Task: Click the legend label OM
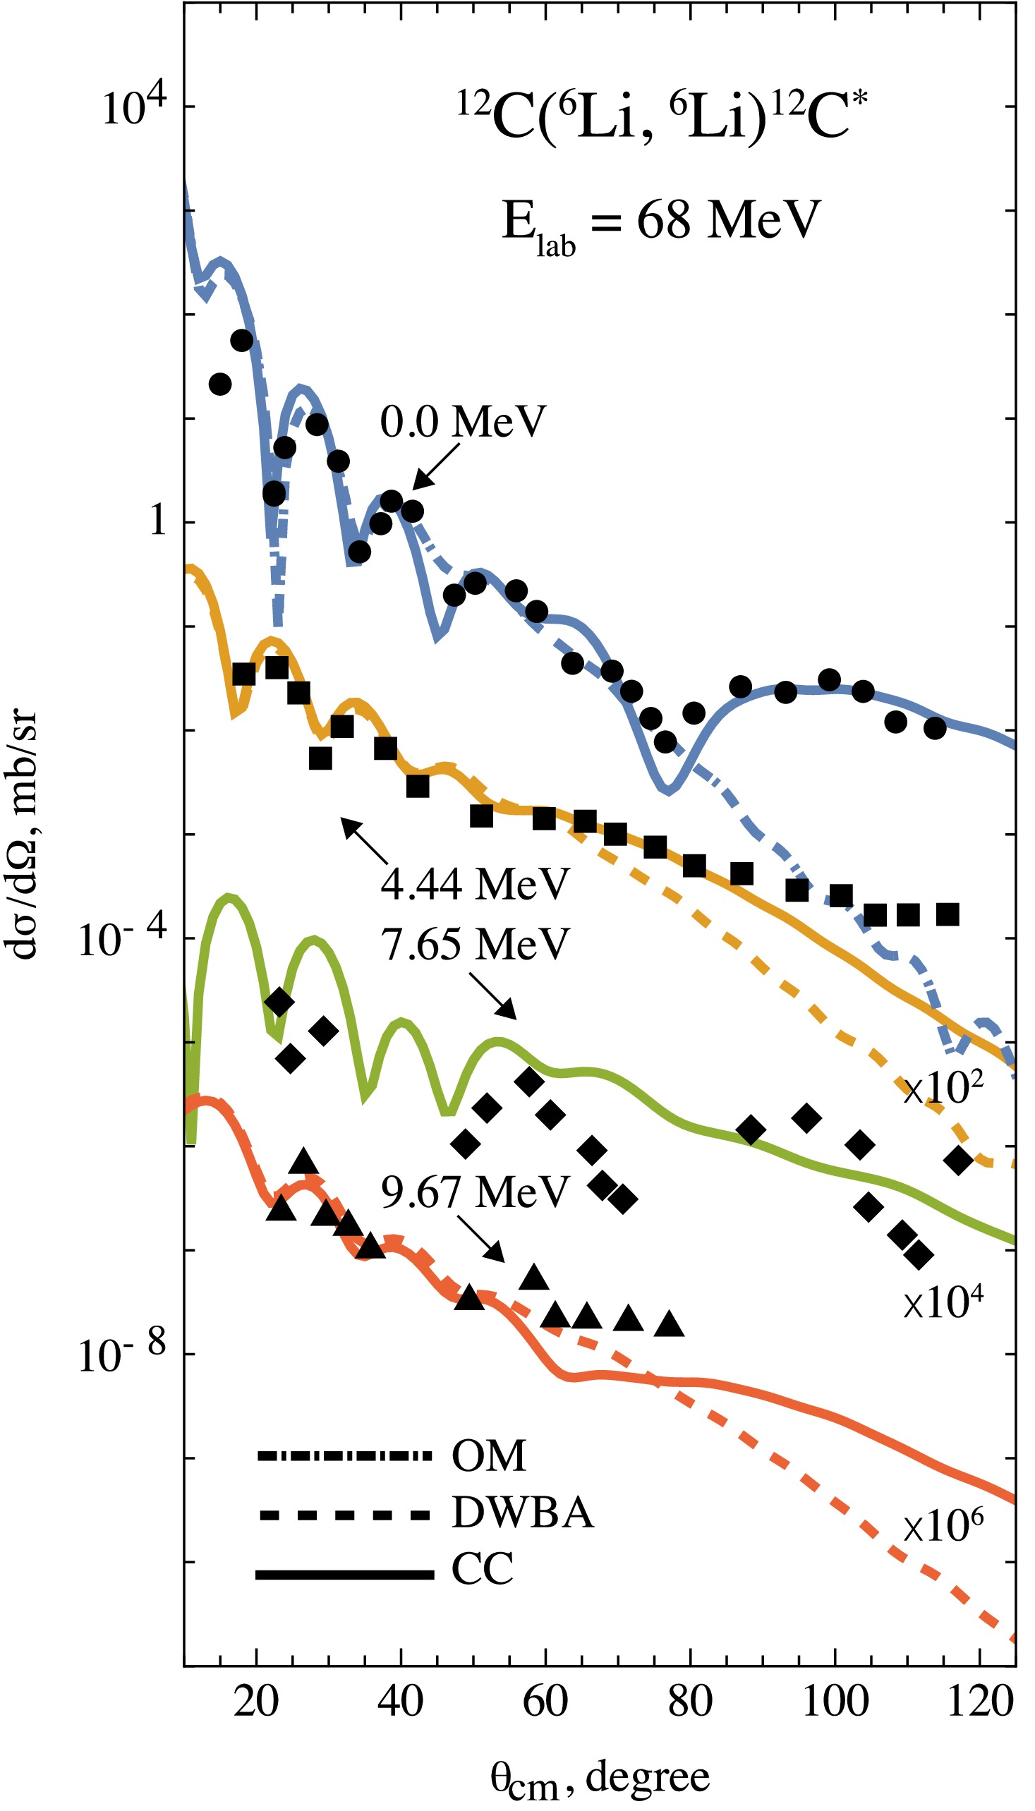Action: click(x=489, y=1456)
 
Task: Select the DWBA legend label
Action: click(x=523, y=1513)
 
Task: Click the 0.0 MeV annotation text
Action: click(x=463, y=421)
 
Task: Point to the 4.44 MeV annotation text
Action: click(x=475, y=883)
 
